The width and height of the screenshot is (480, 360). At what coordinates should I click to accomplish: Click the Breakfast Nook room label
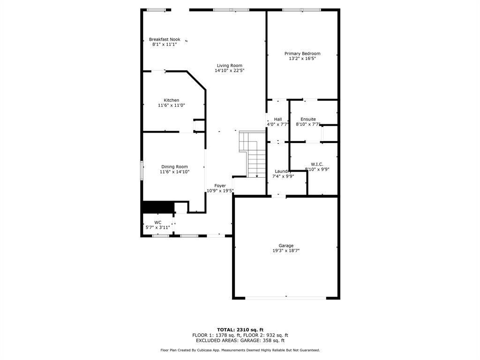pos(165,39)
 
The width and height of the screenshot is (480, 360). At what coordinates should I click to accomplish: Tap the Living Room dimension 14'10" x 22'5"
pos(229,71)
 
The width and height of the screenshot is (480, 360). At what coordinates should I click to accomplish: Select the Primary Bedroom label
pos(302,53)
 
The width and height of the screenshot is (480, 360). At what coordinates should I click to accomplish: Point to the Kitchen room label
pos(171,100)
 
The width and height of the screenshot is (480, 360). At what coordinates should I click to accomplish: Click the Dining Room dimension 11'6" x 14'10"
pos(174,172)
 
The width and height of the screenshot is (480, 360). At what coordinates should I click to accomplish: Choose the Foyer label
pos(220,186)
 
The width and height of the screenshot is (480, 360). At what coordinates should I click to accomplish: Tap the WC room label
pos(158,222)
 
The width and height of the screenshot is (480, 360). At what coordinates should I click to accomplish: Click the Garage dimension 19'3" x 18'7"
pos(286,251)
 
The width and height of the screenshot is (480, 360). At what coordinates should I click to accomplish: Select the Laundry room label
pos(283,171)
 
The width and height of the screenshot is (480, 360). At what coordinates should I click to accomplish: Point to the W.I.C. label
pos(317,164)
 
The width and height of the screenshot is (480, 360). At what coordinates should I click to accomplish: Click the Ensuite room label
pos(308,119)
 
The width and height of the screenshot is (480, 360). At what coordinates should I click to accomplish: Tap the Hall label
pos(278,119)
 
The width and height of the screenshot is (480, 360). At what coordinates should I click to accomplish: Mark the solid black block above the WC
pos(157,207)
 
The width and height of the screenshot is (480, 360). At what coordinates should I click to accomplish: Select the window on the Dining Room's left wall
pos(142,170)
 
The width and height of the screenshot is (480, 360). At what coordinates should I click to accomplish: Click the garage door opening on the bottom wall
pos(286,298)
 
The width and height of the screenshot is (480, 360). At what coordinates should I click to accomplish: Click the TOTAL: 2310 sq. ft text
pos(240,330)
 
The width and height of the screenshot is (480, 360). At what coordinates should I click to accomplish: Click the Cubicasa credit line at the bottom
pos(240,350)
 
